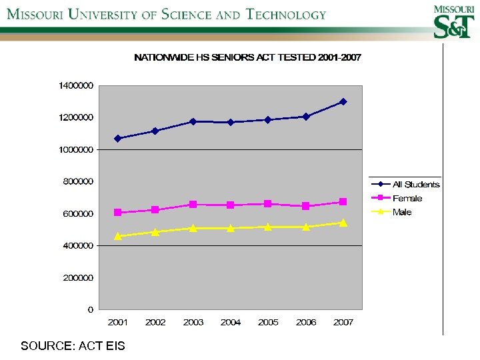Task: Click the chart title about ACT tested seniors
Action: coord(247,58)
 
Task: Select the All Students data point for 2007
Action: coord(343,101)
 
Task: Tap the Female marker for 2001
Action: coord(118,213)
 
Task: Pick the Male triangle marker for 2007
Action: coord(343,223)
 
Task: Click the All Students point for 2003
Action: coord(193,121)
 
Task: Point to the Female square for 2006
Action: coord(305,206)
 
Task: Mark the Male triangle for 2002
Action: coord(155,232)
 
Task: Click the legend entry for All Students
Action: coord(415,185)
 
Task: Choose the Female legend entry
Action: coord(407,199)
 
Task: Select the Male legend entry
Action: coord(402,213)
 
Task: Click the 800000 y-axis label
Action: coord(76,181)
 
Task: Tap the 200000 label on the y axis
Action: coord(76,277)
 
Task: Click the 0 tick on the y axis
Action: coord(90,309)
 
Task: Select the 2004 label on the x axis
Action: coord(231,323)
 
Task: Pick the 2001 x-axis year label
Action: coord(118,323)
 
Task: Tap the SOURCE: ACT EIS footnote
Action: coord(72,345)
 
